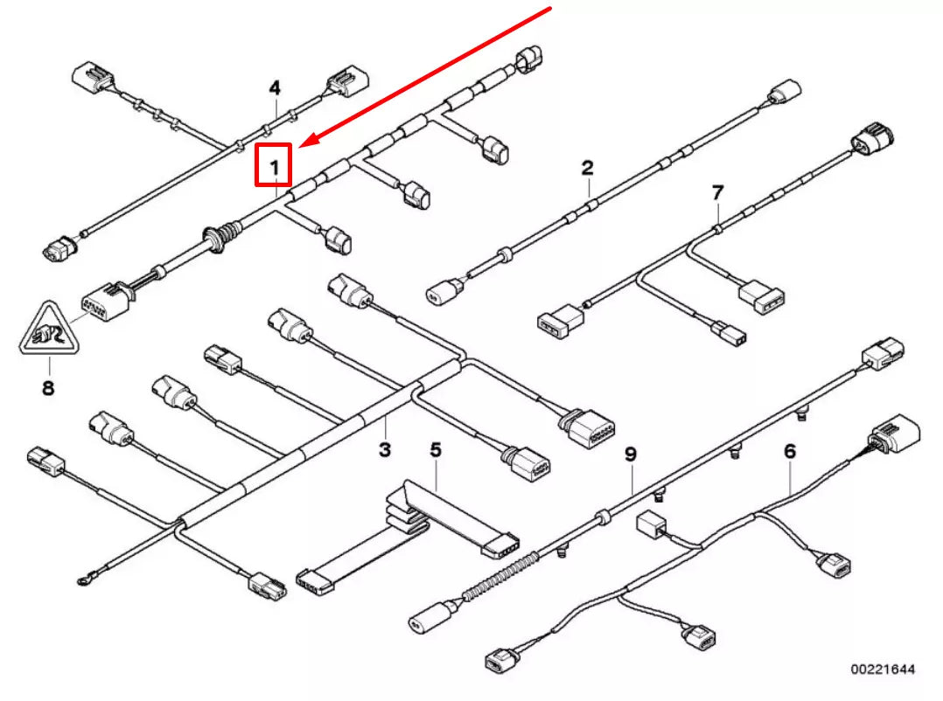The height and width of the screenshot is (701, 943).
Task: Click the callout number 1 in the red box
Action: pyautogui.click(x=274, y=165)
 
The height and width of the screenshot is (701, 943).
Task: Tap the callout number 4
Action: pyautogui.click(x=275, y=88)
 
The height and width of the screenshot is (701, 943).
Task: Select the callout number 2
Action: pyautogui.click(x=588, y=167)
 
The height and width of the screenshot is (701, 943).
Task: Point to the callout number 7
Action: pyautogui.click(x=717, y=191)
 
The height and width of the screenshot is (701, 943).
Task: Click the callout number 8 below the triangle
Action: pyautogui.click(x=47, y=387)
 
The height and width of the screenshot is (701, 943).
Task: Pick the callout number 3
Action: pyautogui.click(x=384, y=450)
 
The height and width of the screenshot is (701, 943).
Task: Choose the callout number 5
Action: pyautogui.click(x=436, y=450)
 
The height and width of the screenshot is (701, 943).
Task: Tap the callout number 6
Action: pyautogui.click(x=790, y=451)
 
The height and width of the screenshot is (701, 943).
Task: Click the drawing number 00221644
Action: pyautogui.click(x=883, y=670)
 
